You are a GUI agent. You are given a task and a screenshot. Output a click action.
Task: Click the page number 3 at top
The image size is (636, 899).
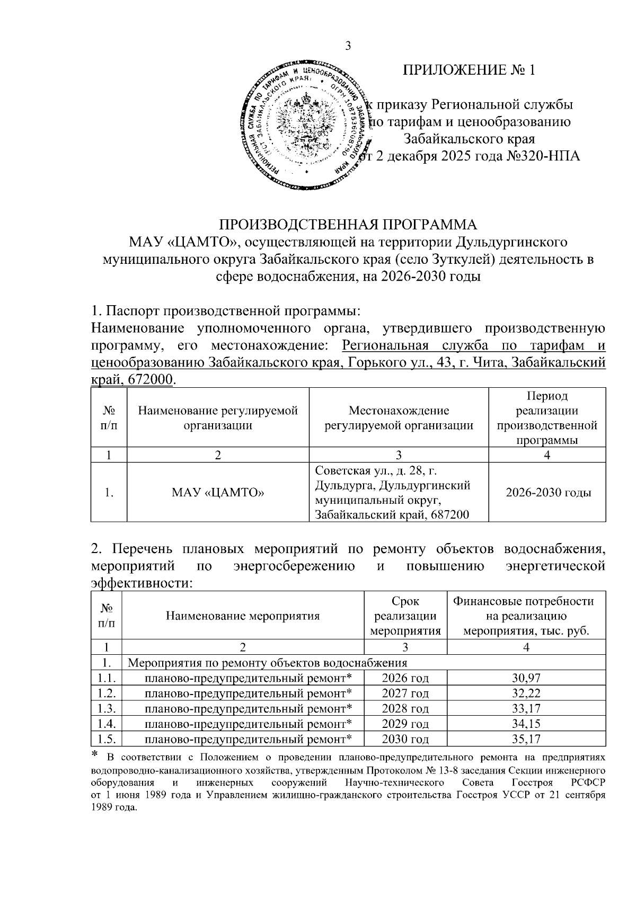point(348,46)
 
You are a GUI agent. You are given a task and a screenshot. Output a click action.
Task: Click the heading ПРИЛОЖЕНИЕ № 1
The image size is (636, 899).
point(469,70)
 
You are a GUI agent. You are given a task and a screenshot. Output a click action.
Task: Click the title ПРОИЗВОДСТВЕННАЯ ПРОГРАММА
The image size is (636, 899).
point(348,224)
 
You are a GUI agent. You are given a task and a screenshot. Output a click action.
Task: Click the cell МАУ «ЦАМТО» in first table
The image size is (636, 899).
point(218,493)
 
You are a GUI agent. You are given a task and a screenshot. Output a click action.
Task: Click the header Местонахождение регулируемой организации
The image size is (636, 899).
point(399,417)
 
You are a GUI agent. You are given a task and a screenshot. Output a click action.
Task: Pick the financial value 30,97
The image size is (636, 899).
point(526,678)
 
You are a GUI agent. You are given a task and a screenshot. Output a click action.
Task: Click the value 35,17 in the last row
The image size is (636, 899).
point(526,739)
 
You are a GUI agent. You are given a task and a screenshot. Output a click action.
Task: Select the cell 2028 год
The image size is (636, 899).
point(405,708)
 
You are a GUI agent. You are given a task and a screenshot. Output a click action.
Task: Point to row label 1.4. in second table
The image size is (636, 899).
point(107,724)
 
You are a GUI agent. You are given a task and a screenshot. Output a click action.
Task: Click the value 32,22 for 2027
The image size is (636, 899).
point(526,693)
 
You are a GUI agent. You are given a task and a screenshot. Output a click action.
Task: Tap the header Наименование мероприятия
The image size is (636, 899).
point(243,616)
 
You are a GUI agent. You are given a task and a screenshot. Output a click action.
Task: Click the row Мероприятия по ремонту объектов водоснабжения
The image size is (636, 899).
point(268,662)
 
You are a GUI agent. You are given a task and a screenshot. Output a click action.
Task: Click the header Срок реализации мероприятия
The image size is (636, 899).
point(405,616)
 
